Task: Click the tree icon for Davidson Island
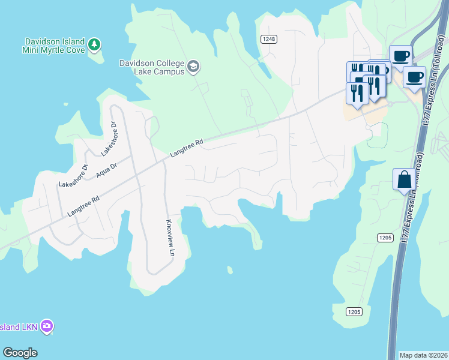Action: (x=94, y=44)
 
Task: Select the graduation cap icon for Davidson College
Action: (x=193, y=65)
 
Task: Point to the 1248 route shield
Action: (x=268, y=39)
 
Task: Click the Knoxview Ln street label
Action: (x=169, y=237)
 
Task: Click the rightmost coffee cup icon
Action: (x=414, y=77)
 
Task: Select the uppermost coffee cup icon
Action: (x=401, y=56)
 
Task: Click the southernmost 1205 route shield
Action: (x=354, y=311)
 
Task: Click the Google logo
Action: (x=20, y=353)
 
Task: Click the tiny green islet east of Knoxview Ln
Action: (x=230, y=270)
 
